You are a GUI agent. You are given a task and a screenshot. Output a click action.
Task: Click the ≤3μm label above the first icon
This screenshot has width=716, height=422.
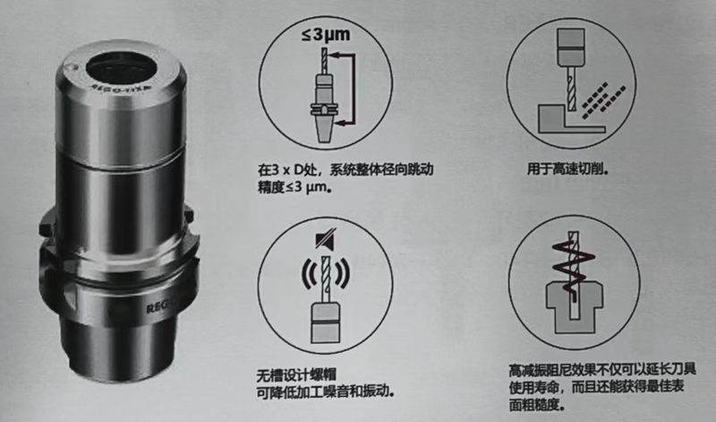[x=326, y=34]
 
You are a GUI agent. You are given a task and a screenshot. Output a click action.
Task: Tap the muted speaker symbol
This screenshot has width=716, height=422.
[x=326, y=239]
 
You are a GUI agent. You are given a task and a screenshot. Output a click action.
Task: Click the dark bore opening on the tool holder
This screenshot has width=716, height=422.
[x=122, y=69]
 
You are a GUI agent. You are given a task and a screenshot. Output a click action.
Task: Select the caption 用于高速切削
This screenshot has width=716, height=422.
[x=567, y=169]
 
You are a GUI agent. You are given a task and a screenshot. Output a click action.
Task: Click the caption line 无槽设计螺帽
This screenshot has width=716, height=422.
[x=296, y=375]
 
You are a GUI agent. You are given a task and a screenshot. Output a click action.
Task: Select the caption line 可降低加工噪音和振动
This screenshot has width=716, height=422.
[x=326, y=392]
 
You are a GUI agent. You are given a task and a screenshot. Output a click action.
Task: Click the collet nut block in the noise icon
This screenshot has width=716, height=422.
[x=326, y=323]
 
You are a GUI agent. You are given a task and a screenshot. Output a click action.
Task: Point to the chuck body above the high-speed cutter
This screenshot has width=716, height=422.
[x=571, y=47]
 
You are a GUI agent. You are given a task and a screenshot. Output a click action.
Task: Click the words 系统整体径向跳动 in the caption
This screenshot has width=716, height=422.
[x=381, y=170]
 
